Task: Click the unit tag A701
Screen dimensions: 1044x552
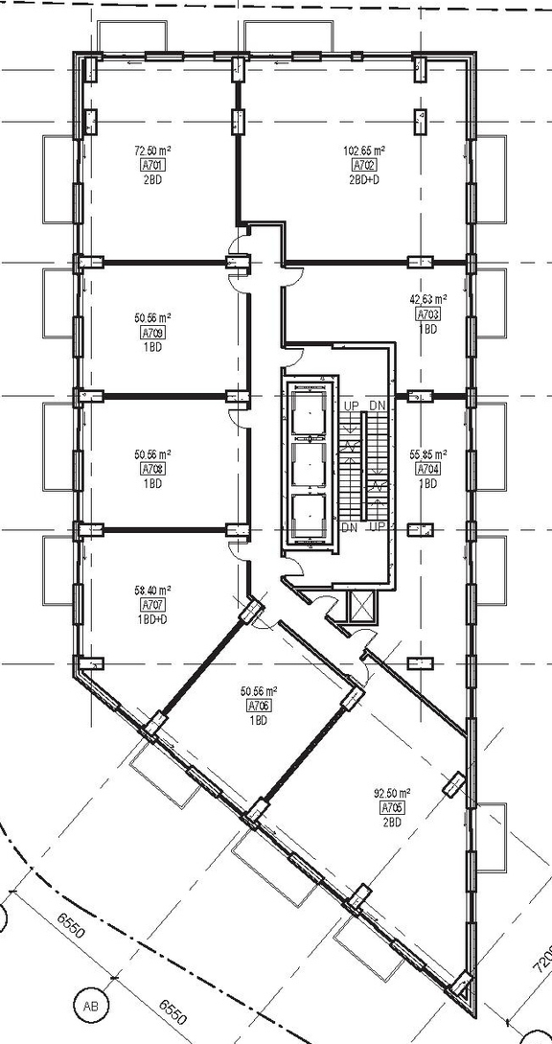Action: [x=151, y=165]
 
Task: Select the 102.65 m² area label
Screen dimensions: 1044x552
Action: [x=364, y=151]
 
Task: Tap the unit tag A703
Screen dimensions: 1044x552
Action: [x=426, y=314]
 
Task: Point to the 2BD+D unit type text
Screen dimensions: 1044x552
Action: [x=364, y=179]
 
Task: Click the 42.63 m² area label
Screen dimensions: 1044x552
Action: [x=428, y=299]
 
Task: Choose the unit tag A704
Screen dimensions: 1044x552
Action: [x=426, y=470]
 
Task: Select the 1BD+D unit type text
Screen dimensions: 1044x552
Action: [x=151, y=619]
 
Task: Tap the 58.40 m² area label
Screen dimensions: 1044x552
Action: [x=151, y=591]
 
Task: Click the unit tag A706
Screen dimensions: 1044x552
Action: [x=257, y=706]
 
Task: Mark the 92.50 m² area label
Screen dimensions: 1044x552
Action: [x=391, y=793]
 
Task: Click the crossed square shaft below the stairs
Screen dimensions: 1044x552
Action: [x=365, y=605]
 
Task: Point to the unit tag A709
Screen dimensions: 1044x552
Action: [x=151, y=334]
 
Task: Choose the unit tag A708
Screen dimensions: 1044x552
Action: [x=151, y=469]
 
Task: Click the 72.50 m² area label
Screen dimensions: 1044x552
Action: [x=151, y=151]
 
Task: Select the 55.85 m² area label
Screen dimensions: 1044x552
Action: [x=428, y=455]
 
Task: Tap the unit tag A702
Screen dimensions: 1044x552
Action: [x=364, y=166]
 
